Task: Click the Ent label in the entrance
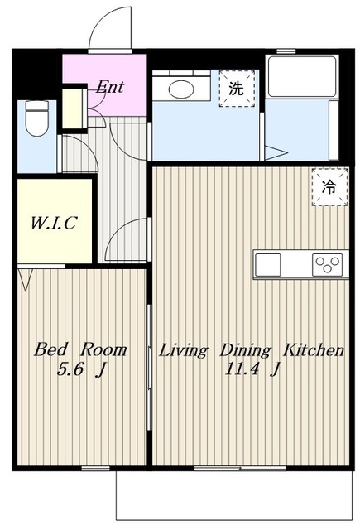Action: (109, 86)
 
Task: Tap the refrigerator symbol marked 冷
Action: (329, 185)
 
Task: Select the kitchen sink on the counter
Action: (269, 265)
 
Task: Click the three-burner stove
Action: (326, 265)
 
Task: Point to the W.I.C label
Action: (54, 223)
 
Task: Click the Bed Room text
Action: (80, 349)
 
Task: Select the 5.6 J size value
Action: (79, 371)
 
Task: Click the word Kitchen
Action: (314, 349)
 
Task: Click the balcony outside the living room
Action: (236, 497)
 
